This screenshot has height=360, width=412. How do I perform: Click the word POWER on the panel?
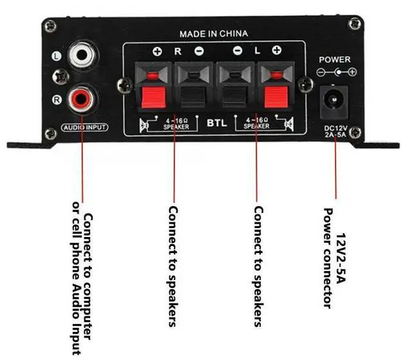334,59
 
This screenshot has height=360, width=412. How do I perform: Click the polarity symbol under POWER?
334,71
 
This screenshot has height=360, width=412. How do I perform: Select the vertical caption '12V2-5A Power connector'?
335,258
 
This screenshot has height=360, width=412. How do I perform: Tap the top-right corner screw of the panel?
353,24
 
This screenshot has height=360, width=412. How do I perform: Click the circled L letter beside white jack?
57,57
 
